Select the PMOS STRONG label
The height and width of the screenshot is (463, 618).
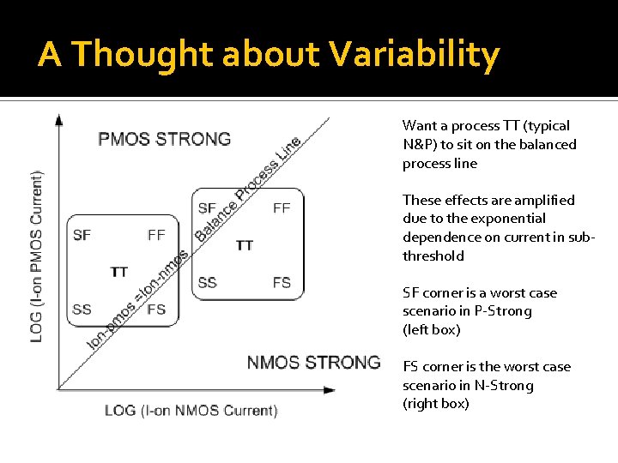164,139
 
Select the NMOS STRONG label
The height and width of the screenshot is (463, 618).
313,362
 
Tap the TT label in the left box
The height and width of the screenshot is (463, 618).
119,272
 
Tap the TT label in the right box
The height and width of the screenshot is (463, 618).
245,245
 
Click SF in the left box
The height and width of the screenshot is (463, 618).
82,235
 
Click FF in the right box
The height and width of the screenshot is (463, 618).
282,207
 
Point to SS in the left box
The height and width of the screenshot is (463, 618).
82,310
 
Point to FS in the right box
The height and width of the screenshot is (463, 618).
282,282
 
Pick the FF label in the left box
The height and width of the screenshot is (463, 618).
156,235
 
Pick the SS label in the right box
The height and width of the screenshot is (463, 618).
207,282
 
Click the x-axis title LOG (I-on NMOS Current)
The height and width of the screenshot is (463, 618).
191,411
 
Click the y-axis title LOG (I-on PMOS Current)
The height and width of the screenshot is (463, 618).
37,256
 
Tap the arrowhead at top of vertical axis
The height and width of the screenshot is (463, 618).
58,119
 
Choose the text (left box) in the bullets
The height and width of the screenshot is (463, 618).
432,329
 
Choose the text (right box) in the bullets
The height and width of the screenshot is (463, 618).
436,404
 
